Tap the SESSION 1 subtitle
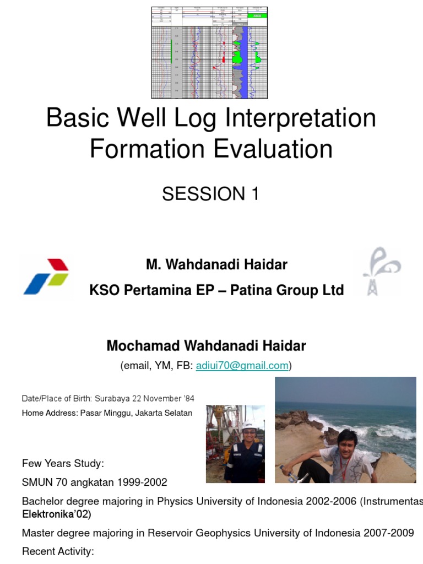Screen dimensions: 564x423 pyautogui.click(x=210, y=194)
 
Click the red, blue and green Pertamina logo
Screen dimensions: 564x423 pyautogui.click(x=46, y=276)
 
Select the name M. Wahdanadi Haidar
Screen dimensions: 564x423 pyautogui.click(x=216, y=265)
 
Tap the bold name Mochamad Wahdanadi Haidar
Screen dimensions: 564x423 pyautogui.click(x=206, y=346)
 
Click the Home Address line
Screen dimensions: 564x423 pyautogui.click(x=107, y=413)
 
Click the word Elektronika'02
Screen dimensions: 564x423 pyautogui.click(x=55, y=515)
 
